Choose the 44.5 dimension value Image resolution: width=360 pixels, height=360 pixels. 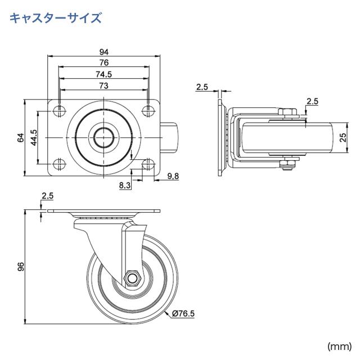(x=34, y=137)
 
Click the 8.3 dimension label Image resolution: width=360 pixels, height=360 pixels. (x=125, y=184)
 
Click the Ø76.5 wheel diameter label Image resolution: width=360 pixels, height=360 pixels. (x=183, y=313)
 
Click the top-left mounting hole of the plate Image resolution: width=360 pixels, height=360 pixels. (x=60, y=110)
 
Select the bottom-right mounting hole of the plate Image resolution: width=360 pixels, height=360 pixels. (x=148, y=164)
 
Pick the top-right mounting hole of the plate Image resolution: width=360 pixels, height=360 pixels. (x=148, y=110)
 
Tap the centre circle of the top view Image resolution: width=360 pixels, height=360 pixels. (x=104, y=137)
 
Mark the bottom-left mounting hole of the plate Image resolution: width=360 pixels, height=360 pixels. (x=60, y=164)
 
